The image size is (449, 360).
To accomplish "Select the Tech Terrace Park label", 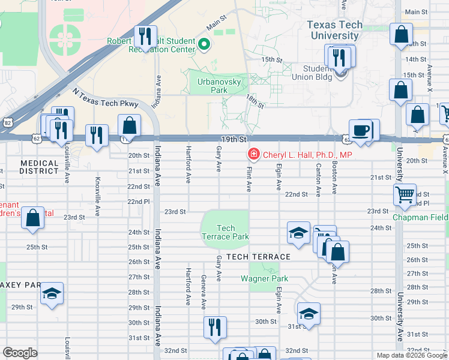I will coord(226,232).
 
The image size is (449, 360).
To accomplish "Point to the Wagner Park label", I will coord(264,278).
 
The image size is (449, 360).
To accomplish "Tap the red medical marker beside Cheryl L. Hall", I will coord(253,155).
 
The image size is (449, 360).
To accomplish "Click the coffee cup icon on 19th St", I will coord(361,131).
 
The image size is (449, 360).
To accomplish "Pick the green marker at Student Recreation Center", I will coord(204,43).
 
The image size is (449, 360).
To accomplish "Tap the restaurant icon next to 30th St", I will coord(215,327).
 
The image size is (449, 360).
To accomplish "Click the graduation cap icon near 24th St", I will coord(298,233).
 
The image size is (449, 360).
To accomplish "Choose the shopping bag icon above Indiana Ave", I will coord(129,125).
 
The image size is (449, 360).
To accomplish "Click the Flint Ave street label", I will coord(249,180).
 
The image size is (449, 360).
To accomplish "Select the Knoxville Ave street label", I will coord(97,188).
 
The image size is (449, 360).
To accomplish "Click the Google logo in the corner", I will coord(20,353).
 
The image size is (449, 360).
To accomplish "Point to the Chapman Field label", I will coord(420,217).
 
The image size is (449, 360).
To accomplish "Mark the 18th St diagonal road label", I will coord(255,101).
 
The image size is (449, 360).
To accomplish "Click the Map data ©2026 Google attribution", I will coord(411,355).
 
